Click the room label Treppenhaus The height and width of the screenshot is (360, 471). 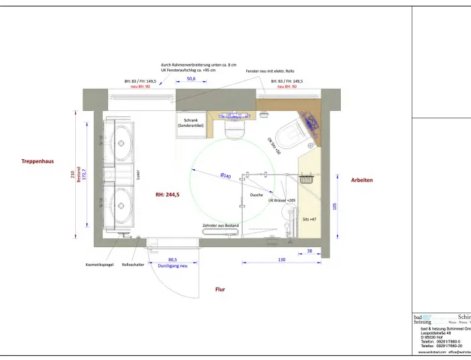[37, 161]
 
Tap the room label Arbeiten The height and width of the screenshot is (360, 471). [362, 180]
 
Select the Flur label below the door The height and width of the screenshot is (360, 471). [220, 289]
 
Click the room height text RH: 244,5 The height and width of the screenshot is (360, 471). [167, 194]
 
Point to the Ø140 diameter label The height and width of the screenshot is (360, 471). [225, 176]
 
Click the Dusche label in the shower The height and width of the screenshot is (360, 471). [256, 195]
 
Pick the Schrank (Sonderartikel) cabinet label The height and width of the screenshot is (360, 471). [191, 123]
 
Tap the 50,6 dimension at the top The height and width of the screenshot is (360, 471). [191, 79]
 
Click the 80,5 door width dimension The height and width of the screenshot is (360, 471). [172, 259]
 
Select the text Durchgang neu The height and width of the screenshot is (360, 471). [172, 266]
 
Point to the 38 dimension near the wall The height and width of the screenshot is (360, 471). [309, 250]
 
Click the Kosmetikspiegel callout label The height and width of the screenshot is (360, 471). [99, 265]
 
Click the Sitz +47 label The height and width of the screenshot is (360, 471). [309, 220]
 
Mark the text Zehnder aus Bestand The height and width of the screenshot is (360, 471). [221, 226]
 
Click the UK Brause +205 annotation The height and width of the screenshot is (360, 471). [282, 200]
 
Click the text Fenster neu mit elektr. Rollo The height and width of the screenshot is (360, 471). [270, 71]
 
